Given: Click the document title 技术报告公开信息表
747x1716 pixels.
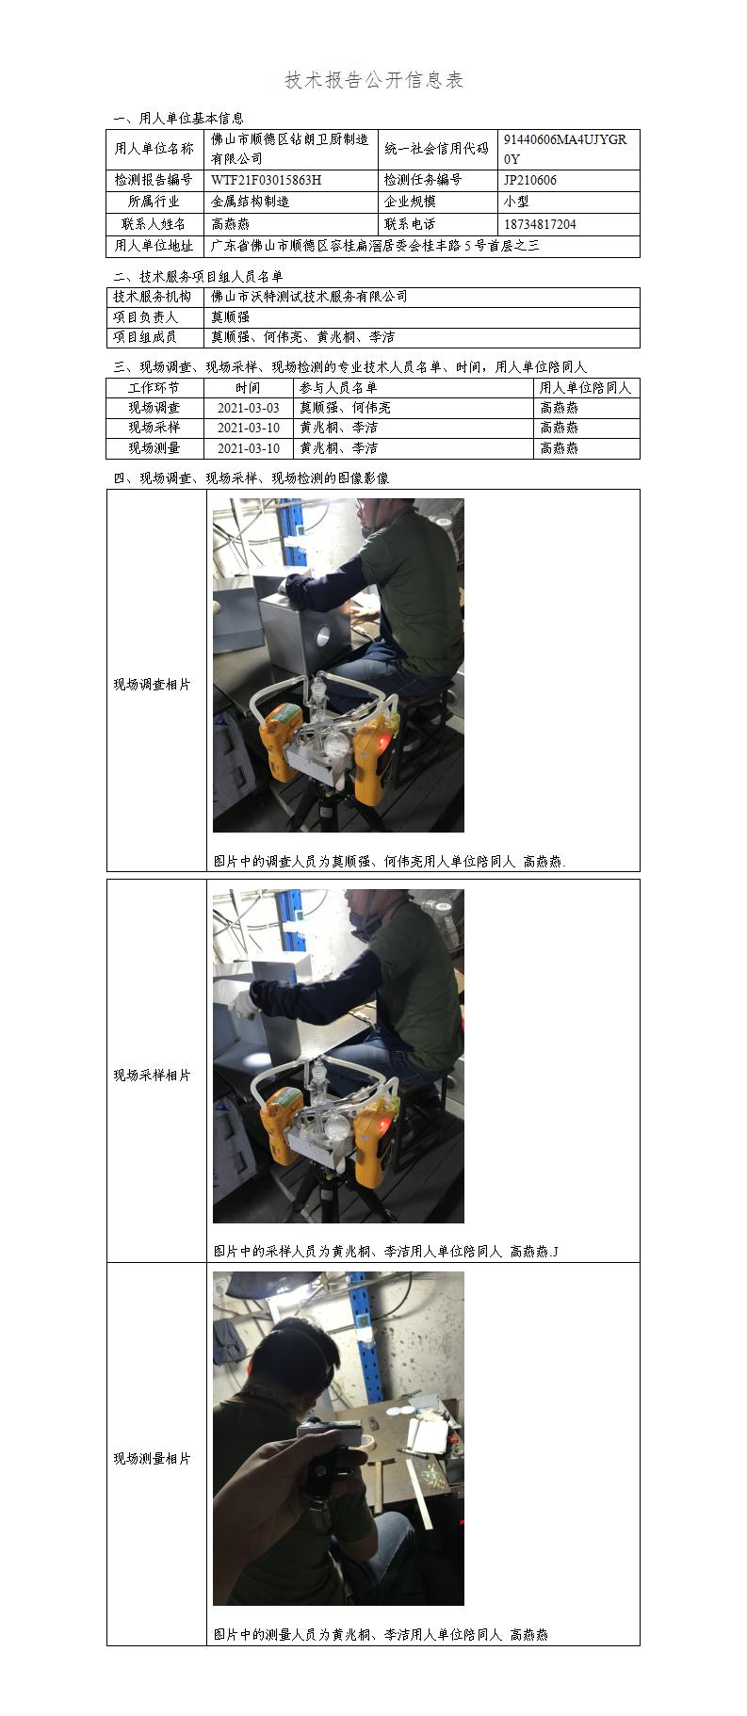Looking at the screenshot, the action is click(x=374, y=80).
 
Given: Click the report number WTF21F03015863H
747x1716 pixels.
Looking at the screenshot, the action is click(x=266, y=180).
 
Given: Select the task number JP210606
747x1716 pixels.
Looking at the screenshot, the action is click(x=530, y=180).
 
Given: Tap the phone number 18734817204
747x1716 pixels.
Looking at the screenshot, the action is click(x=540, y=224).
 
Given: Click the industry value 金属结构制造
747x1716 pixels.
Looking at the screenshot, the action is click(x=251, y=202).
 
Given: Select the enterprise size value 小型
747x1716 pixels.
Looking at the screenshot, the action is click(x=516, y=202).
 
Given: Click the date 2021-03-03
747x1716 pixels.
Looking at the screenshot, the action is click(x=249, y=408).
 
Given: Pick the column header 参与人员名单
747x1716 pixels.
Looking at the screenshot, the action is click(x=338, y=387).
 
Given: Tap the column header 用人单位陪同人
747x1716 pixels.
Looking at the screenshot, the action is click(x=586, y=387).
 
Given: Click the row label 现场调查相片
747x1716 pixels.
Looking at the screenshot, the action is click(x=153, y=685).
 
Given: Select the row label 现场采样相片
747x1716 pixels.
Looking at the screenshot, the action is click(x=153, y=1076).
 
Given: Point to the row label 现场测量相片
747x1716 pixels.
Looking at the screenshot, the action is click(x=153, y=1459).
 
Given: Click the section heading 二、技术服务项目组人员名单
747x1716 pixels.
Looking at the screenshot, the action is click(x=198, y=276).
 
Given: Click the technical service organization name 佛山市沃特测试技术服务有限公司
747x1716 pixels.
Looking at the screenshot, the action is click(x=310, y=297).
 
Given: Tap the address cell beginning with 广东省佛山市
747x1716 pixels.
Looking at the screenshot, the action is click(x=376, y=246).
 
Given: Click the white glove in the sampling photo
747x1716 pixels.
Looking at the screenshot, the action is click(x=242, y=1002).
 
